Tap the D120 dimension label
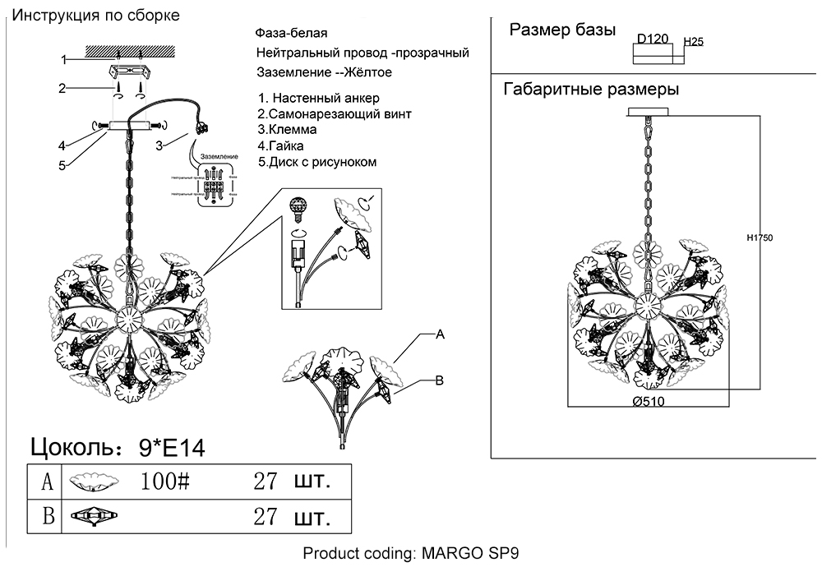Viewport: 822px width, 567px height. (653, 38)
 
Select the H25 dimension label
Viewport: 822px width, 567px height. (694, 40)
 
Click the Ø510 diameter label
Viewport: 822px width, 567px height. (648, 402)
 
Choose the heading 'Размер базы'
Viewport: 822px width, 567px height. (562, 30)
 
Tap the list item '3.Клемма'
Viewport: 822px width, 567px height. (287, 130)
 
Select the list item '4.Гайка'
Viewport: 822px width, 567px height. (284, 146)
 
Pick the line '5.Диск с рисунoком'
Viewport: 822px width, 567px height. (317, 162)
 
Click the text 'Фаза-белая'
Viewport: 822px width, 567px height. (293, 34)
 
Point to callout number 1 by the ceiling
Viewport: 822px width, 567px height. (62, 59)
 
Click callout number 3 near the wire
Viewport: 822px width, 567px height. (161, 145)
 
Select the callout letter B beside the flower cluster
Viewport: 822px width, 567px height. (439, 380)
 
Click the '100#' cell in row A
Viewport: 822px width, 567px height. (165, 481)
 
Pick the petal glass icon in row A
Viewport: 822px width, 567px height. (93, 482)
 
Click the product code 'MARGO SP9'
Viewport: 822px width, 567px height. (470, 553)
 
